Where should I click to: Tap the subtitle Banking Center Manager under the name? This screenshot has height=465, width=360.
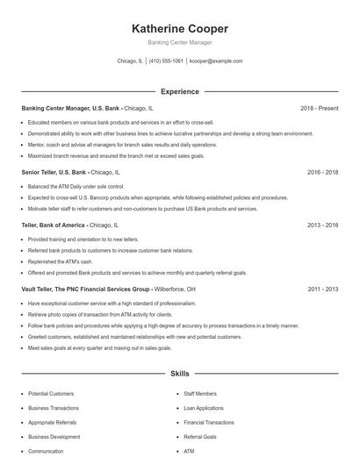tap(180, 42)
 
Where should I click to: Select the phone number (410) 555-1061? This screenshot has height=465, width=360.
tap(166, 61)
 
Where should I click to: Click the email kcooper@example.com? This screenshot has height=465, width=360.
tap(216, 61)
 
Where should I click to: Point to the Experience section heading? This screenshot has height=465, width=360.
tap(180, 91)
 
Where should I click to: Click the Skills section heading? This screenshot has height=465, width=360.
tap(180, 373)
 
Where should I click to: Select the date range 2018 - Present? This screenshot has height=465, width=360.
tap(319, 108)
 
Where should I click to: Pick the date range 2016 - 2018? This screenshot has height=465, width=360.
tap(322, 173)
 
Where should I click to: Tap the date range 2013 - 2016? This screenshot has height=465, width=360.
tap(322, 225)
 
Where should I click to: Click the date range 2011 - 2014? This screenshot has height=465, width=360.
tap(322, 289)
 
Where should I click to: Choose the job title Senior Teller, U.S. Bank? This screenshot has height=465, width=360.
tap(54, 173)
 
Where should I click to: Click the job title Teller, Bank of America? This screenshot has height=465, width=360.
tap(54, 225)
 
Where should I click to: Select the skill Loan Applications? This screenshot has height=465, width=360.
tap(204, 408)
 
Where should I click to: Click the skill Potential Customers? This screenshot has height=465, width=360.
tap(51, 394)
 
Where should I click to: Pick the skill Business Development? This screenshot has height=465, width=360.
tap(54, 436)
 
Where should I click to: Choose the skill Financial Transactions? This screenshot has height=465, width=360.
tap(208, 422)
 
